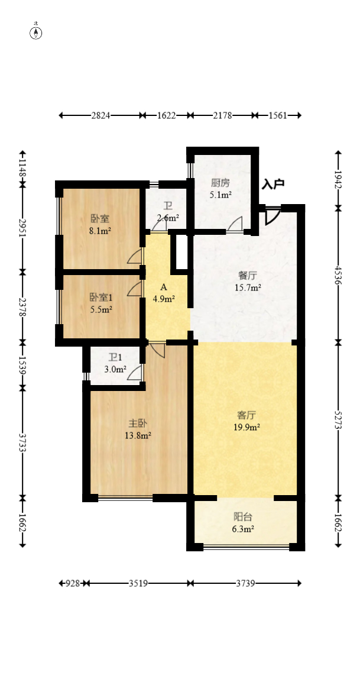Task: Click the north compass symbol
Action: [x=36, y=33]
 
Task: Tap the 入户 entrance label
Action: [x=273, y=184]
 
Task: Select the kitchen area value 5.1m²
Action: [x=220, y=194]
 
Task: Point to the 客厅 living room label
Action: [x=246, y=415]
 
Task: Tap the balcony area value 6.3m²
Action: [x=243, y=529]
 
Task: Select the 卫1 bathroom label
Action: [x=115, y=357]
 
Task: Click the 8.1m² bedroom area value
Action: [x=100, y=230]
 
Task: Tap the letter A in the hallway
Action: [x=163, y=287]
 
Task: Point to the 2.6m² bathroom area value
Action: [x=168, y=217]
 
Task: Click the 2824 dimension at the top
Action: [x=100, y=116]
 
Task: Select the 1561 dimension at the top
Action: [x=277, y=116]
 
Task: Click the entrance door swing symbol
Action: [x=273, y=215]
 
